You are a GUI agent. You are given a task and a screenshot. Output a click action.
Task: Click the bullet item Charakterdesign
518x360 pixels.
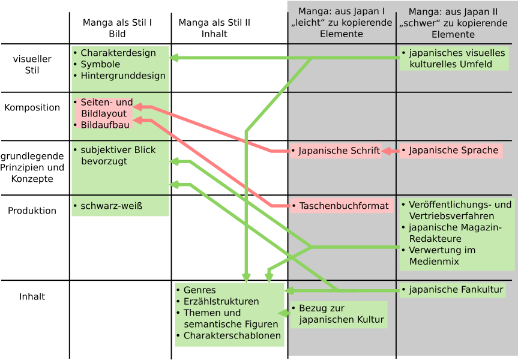tap(118, 53)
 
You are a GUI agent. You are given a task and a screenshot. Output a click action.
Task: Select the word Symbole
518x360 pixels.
tap(100, 64)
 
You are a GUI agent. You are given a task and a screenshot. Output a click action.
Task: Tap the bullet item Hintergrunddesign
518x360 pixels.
tap(122, 76)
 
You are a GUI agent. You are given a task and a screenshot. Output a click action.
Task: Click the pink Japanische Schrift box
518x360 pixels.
tap(335, 151)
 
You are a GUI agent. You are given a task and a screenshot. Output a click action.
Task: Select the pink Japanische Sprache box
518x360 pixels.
tap(450, 151)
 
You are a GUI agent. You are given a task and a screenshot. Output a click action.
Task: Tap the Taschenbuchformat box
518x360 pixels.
tap(340, 206)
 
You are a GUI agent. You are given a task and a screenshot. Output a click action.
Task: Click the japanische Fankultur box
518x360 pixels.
tap(452, 290)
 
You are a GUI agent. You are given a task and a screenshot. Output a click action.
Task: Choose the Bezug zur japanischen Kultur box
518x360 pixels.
tap(338, 314)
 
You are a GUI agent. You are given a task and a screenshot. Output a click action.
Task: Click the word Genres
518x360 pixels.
tap(199, 290)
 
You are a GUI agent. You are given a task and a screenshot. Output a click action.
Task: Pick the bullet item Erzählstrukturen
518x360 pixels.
tap(221, 301)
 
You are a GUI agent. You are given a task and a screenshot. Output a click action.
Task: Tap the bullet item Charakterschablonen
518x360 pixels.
tap(232, 335)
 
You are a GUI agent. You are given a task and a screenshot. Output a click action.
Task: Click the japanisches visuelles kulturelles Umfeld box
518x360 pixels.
tap(453, 58)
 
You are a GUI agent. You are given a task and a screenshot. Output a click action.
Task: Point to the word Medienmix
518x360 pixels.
tap(434, 262)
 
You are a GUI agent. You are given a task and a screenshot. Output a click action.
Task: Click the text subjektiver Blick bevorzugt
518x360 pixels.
tap(118, 155)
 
